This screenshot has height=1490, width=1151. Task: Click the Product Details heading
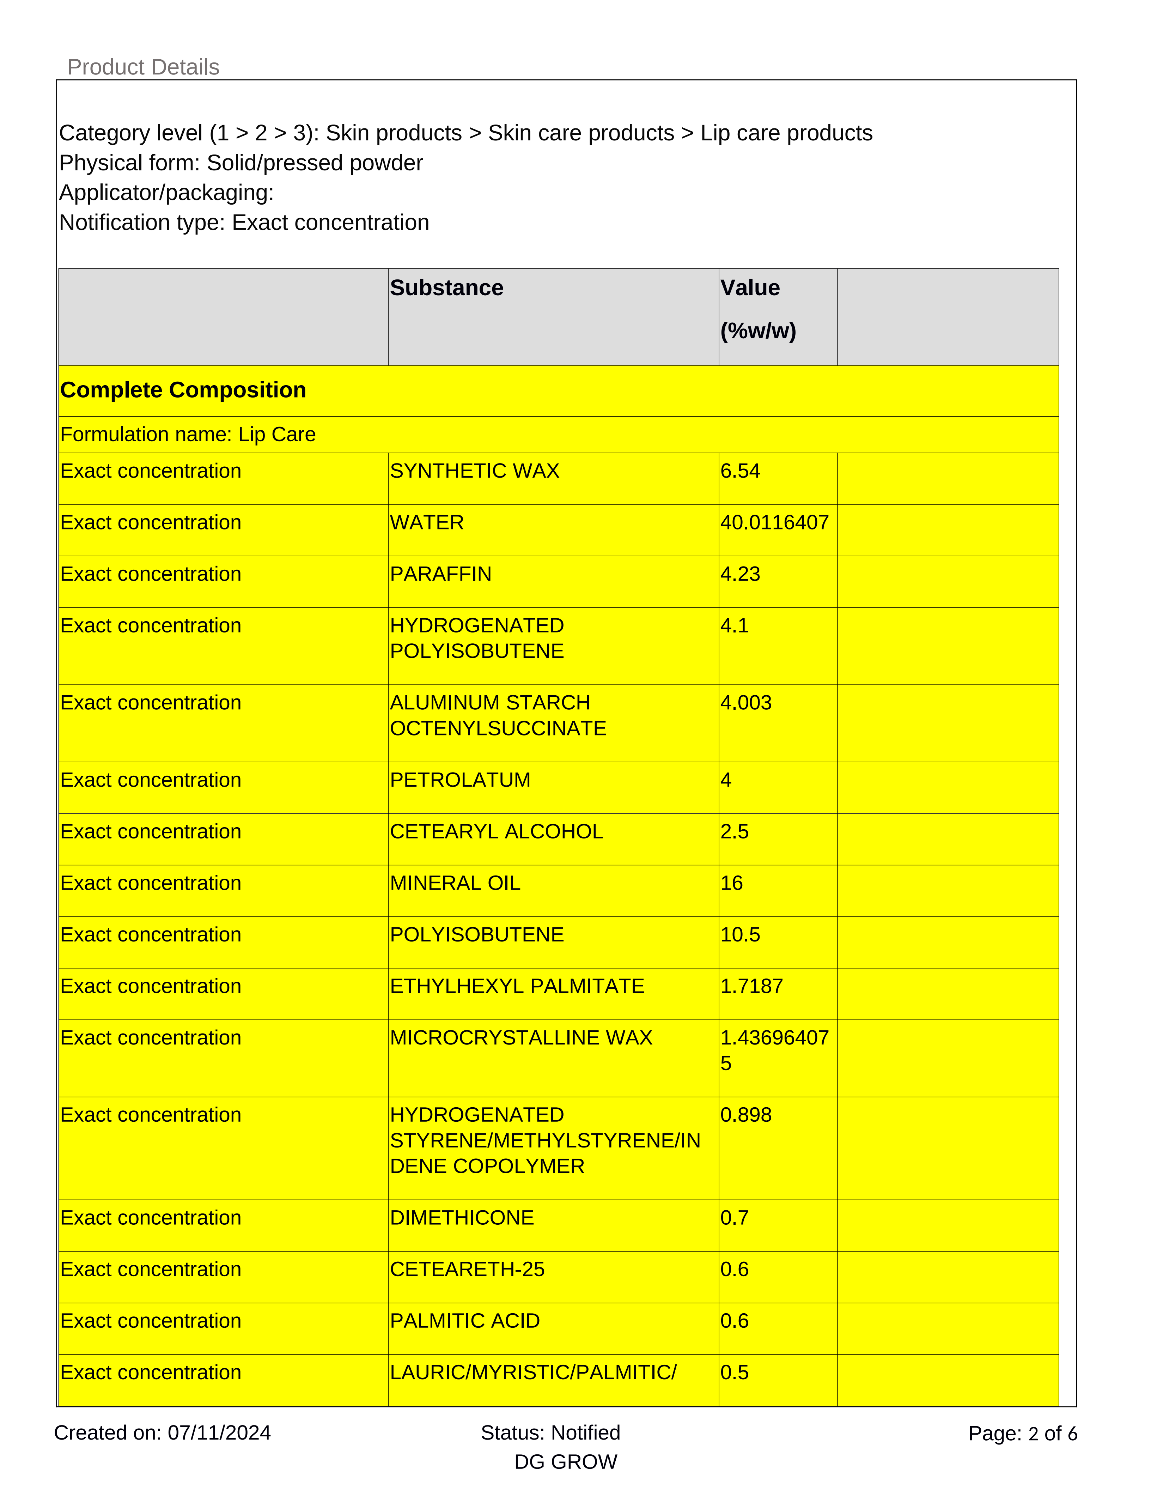143,67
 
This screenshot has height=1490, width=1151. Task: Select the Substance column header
447,288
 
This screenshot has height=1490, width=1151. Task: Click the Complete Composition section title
183,390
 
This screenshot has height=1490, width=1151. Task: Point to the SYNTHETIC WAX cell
475,471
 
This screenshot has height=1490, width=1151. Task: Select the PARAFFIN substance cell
440,574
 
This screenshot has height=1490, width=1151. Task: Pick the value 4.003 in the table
746,703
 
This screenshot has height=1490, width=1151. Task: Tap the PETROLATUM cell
460,780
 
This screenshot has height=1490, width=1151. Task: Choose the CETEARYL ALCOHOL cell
497,832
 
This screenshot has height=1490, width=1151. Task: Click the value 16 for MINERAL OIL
732,883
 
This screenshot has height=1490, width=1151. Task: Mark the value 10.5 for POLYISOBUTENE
740,935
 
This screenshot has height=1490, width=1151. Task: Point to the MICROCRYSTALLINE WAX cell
521,1038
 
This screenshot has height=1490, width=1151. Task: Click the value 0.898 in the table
746,1115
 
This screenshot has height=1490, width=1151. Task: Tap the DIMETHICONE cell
462,1218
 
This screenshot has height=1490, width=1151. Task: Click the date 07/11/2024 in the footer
219,1433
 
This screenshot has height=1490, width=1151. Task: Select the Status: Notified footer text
550,1433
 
